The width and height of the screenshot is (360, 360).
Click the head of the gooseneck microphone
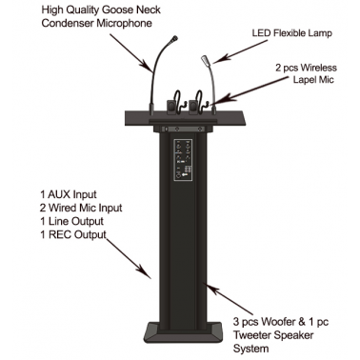(x=173, y=40)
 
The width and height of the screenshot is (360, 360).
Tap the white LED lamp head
(x=205, y=60)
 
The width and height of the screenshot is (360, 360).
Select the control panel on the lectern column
(x=183, y=160)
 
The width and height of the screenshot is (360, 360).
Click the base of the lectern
(x=183, y=332)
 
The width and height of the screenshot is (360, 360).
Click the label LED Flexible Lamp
(x=292, y=33)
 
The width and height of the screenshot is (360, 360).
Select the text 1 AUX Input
(x=69, y=194)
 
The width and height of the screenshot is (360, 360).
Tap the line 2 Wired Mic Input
(x=81, y=208)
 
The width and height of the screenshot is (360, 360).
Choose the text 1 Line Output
(x=71, y=221)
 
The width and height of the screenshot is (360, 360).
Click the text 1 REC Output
(x=73, y=234)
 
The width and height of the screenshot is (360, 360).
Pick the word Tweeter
(x=252, y=335)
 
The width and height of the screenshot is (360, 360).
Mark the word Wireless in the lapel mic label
(x=319, y=68)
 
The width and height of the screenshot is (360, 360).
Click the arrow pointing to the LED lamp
(x=240, y=51)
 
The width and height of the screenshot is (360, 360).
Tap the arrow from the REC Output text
(x=129, y=259)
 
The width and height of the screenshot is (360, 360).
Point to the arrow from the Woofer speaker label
(x=230, y=299)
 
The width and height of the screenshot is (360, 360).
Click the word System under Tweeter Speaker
(x=251, y=349)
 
